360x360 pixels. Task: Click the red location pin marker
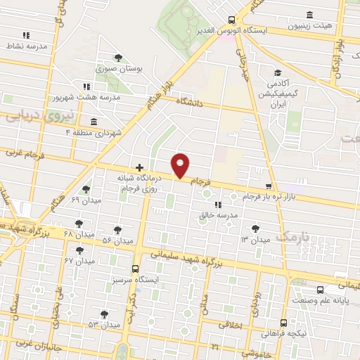pos(181,165)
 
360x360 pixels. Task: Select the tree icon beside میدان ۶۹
pos(86,188)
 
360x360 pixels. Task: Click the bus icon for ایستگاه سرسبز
pos(136,268)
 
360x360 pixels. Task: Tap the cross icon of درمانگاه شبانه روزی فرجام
pos(139,167)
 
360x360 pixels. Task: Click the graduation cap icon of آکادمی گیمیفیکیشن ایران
pos(278,72)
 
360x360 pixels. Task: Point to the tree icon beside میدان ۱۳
pos(255,227)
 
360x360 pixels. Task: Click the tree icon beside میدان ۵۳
pos(104,314)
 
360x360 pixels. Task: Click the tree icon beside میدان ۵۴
pos(117,229)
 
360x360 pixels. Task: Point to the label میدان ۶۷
pos(79,261)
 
